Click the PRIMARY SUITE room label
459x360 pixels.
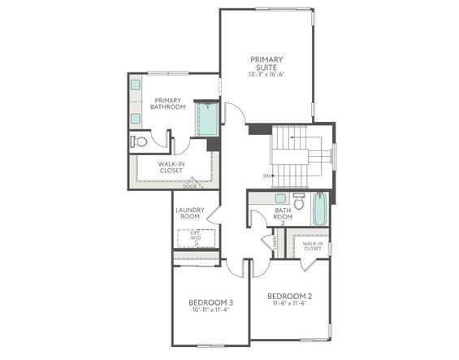click(266, 63)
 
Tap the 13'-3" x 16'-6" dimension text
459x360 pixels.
click(266, 74)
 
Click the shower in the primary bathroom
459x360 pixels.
click(207, 119)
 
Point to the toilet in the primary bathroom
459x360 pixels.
click(140, 142)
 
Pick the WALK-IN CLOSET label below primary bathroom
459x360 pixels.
click(170, 167)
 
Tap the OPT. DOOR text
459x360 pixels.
click(190, 184)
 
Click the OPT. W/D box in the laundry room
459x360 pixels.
click(196, 238)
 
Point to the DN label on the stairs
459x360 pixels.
click(266, 176)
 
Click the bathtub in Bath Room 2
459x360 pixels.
click(320, 209)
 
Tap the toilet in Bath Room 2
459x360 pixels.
click(298, 202)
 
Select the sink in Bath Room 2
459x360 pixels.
click(279, 197)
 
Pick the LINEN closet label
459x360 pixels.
click(275, 242)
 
